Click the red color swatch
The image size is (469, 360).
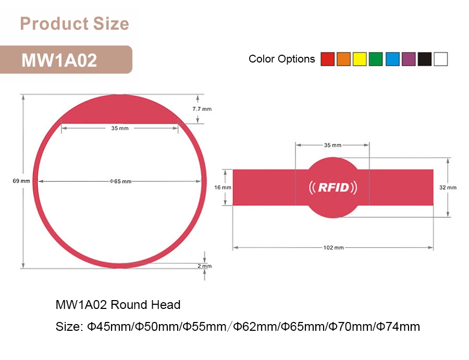pyautogui.click(x=327, y=59)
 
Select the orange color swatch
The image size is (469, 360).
pyautogui.click(x=343, y=59)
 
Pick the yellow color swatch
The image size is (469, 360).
pyautogui.click(x=360, y=59)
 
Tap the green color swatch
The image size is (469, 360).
pyautogui.click(x=376, y=59)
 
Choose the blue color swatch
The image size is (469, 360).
pyautogui.click(x=392, y=59)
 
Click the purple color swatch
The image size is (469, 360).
pyautogui.click(x=409, y=59)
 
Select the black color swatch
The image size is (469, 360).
pyautogui.click(x=425, y=59)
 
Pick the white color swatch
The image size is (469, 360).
pyautogui.click(x=441, y=59)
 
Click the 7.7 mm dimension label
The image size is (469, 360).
pyautogui.click(x=202, y=109)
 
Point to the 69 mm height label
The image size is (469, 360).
pyautogui.click(x=21, y=181)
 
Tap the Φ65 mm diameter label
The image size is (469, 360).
pyautogui.click(x=120, y=181)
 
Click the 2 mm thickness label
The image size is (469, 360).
pyautogui.click(x=205, y=266)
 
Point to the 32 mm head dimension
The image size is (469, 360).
pyautogui.click(x=448, y=187)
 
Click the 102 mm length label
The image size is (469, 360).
pyautogui.click(x=334, y=247)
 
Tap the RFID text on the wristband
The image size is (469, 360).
pyautogui.click(x=333, y=187)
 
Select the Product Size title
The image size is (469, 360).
pyautogui.click(x=74, y=24)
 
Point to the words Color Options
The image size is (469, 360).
pyautogui.click(x=281, y=59)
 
